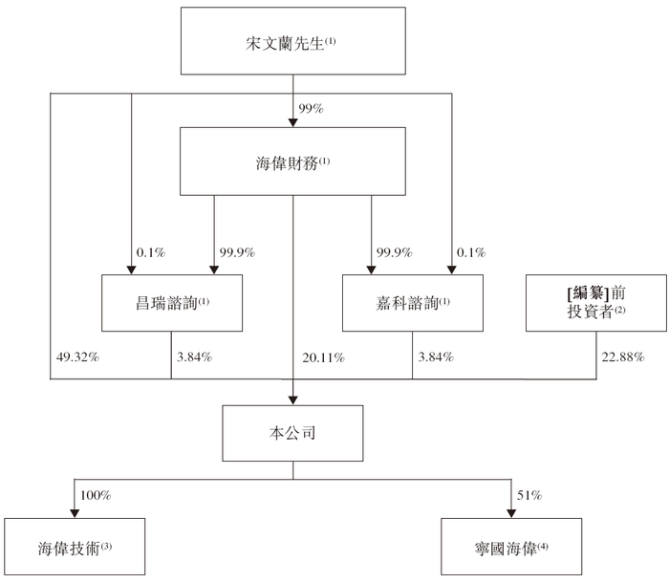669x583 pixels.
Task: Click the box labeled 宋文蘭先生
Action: point(293,41)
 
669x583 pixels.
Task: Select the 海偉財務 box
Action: point(292,162)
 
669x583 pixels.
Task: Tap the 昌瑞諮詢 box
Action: point(172,303)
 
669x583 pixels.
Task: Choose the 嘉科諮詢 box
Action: point(413,303)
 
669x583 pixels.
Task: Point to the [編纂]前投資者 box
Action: point(596,303)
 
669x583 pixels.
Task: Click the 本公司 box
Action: point(292,433)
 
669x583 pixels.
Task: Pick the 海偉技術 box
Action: point(75,547)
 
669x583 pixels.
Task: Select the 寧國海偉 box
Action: point(511,547)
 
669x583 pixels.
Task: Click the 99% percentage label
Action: point(311,108)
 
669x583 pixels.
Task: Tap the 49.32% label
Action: point(77,356)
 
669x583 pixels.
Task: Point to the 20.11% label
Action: point(323,357)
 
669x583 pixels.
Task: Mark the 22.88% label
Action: point(623,356)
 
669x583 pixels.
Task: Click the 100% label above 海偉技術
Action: point(96,495)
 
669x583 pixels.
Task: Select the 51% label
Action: point(529,495)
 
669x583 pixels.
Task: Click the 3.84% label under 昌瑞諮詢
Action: point(195,356)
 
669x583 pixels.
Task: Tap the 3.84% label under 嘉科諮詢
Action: point(436,356)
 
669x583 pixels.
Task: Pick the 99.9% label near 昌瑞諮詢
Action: point(237,252)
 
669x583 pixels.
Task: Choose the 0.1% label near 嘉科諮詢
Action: point(471,252)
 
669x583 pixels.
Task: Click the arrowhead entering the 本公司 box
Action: point(292,400)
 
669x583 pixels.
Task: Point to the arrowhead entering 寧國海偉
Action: point(511,513)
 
